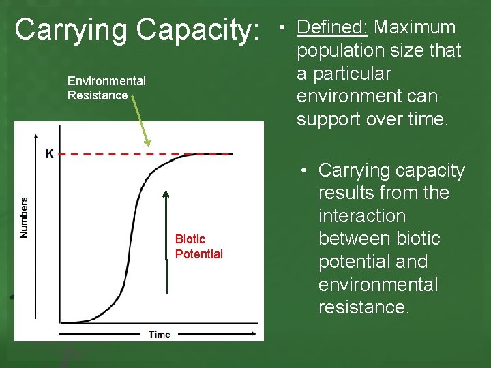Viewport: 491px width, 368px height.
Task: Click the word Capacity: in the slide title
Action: [198, 31]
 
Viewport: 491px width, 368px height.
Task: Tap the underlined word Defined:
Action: [333, 27]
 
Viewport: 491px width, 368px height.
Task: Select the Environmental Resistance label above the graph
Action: [106, 89]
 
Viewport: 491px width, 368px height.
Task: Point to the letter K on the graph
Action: [49, 154]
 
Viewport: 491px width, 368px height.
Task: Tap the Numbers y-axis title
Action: [24, 217]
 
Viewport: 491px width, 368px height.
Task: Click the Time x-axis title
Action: [160, 334]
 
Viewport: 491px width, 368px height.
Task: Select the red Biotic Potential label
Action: [198, 246]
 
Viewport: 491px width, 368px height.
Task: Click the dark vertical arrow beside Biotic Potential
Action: [166, 225]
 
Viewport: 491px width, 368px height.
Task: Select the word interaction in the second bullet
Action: [362, 216]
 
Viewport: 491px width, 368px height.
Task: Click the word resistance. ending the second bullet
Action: [364, 307]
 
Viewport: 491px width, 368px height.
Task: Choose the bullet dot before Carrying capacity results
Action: [303, 171]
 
